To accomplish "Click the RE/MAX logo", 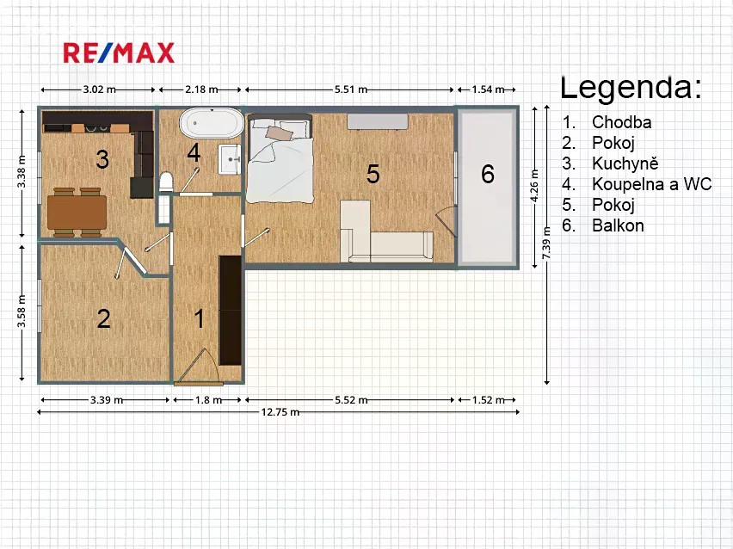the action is point(119,52).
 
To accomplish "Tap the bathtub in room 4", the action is point(212,123).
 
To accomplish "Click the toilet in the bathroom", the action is point(166,182).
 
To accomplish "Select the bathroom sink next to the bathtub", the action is point(230,159).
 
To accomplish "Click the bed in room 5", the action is point(280,158).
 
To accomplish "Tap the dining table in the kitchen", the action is point(77,213).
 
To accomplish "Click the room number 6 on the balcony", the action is point(488,174).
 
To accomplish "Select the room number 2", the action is point(104,319).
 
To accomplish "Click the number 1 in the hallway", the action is point(200,319).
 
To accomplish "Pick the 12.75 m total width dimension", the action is point(279,412).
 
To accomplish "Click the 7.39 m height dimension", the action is point(546,244).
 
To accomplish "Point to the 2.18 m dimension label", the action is point(201,89).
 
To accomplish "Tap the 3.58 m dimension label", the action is point(22,312).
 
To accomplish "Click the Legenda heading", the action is point(631,88).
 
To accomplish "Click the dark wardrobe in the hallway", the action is point(231,310).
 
